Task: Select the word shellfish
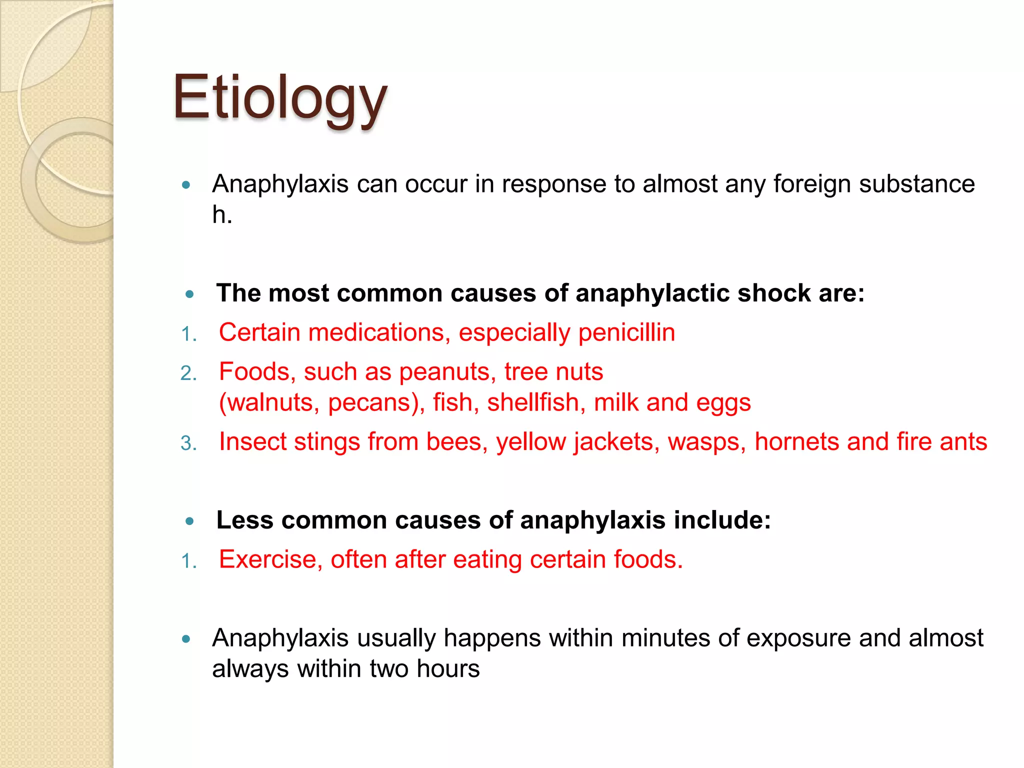click(x=533, y=402)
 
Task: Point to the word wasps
click(x=706, y=442)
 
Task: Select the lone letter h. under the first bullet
click(x=222, y=215)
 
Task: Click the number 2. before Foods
click(x=188, y=373)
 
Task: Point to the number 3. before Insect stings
click(x=188, y=443)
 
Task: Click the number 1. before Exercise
click(x=188, y=561)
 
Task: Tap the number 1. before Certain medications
click(x=188, y=334)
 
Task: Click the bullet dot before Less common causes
click(x=189, y=521)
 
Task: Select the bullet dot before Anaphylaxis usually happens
click(x=186, y=638)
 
